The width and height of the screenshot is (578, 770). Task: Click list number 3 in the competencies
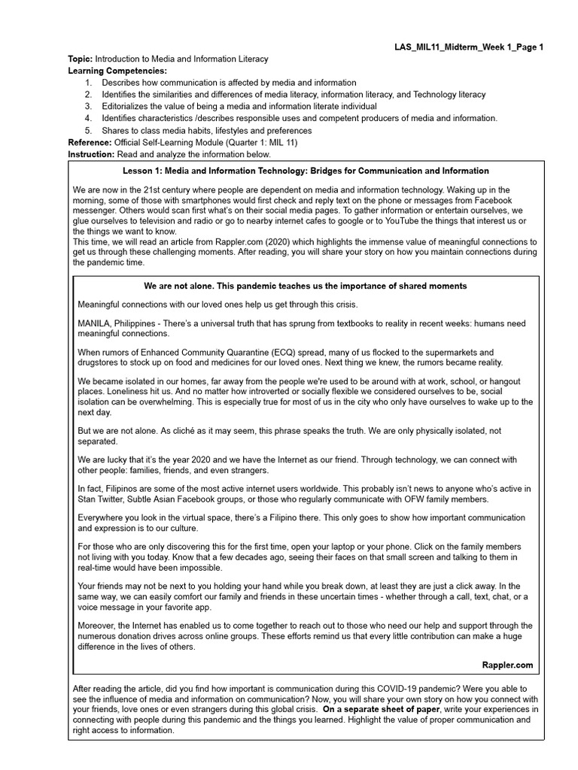88,107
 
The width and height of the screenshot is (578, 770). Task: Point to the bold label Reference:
90,142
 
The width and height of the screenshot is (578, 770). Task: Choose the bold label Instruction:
91,154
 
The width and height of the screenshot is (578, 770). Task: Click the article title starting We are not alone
305,286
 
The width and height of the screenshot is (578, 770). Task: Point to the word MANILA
94,323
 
